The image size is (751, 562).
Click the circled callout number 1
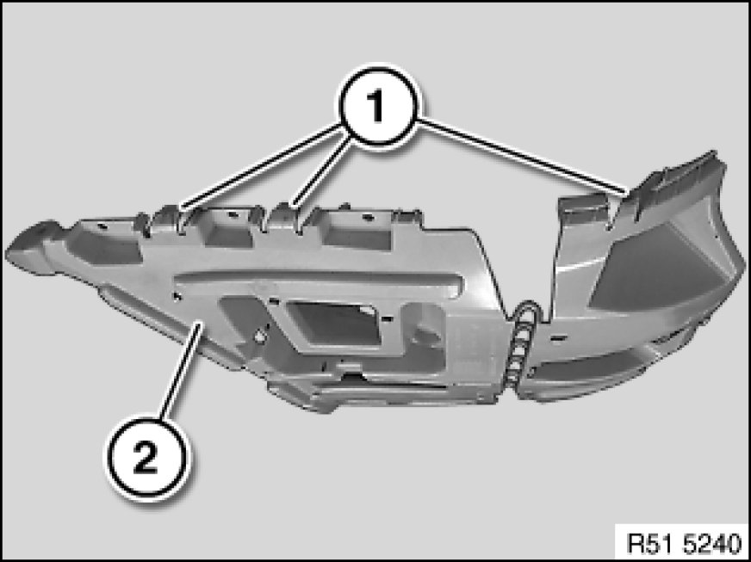click(378, 106)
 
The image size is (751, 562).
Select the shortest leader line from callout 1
click(323, 171)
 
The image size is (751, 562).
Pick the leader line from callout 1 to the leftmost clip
click(259, 167)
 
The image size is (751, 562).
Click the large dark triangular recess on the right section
click(661, 273)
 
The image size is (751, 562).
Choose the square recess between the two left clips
click(226, 229)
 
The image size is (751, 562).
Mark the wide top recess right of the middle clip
click(358, 231)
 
